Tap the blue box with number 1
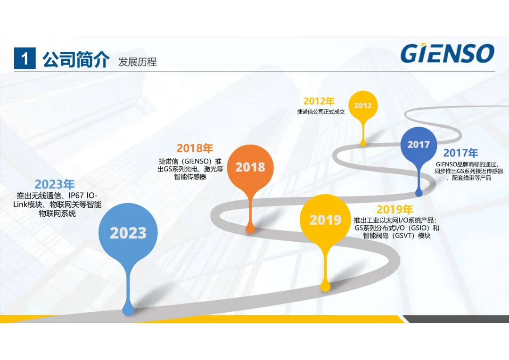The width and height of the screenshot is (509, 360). coord(25,58)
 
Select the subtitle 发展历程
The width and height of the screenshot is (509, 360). coord(137,62)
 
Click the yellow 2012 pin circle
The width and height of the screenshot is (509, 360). coord(363,106)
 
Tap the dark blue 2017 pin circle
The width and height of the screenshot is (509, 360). coord(419,145)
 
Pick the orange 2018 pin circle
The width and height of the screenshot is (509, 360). coord(250,167)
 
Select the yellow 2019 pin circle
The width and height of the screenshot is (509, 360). coord(325,220)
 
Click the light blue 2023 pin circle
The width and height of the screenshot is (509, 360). coord(128,233)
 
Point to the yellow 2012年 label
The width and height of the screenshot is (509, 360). coord(319,101)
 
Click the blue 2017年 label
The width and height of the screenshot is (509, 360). coord(460,153)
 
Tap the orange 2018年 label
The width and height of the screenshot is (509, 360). coord(195,148)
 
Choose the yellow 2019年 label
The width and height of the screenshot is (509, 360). coord(395,209)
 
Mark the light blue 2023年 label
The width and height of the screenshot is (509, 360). coord(55,184)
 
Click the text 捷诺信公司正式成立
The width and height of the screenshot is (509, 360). coord(321,112)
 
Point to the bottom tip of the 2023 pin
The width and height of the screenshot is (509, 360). coord(128,314)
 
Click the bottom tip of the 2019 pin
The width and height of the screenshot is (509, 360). coord(325,290)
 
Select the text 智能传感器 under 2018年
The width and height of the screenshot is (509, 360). coord(190,177)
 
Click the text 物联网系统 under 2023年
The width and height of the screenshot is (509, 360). coord(57,213)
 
